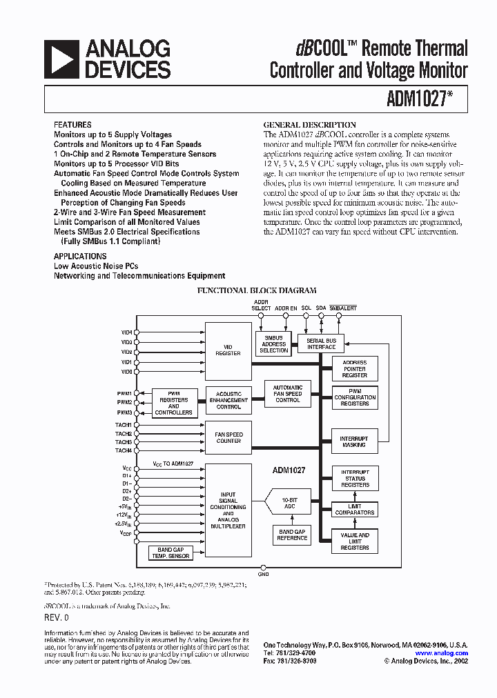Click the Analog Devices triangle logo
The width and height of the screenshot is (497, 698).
(x=61, y=59)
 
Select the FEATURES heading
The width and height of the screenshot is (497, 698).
(x=72, y=125)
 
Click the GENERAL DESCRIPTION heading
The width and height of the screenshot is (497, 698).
(x=310, y=125)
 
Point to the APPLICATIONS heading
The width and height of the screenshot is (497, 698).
(x=80, y=256)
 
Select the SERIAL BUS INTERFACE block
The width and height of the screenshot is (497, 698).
(x=321, y=343)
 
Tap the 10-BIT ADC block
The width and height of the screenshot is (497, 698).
(x=289, y=503)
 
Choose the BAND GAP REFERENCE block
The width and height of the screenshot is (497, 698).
(x=291, y=535)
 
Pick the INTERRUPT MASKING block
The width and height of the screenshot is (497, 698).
(x=354, y=442)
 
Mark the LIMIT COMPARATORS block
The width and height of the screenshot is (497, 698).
(x=354, y=510)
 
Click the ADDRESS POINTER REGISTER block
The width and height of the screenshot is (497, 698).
(x=354, y=369)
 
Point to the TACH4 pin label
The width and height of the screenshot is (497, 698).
(x=124, y=451)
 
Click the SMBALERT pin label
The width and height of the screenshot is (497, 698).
(x=343, y=308)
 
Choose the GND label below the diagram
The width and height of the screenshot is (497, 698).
(x=263, y=574)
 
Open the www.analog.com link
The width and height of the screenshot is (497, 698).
(x=441, y=653)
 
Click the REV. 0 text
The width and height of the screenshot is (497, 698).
(x=57, y=617)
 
